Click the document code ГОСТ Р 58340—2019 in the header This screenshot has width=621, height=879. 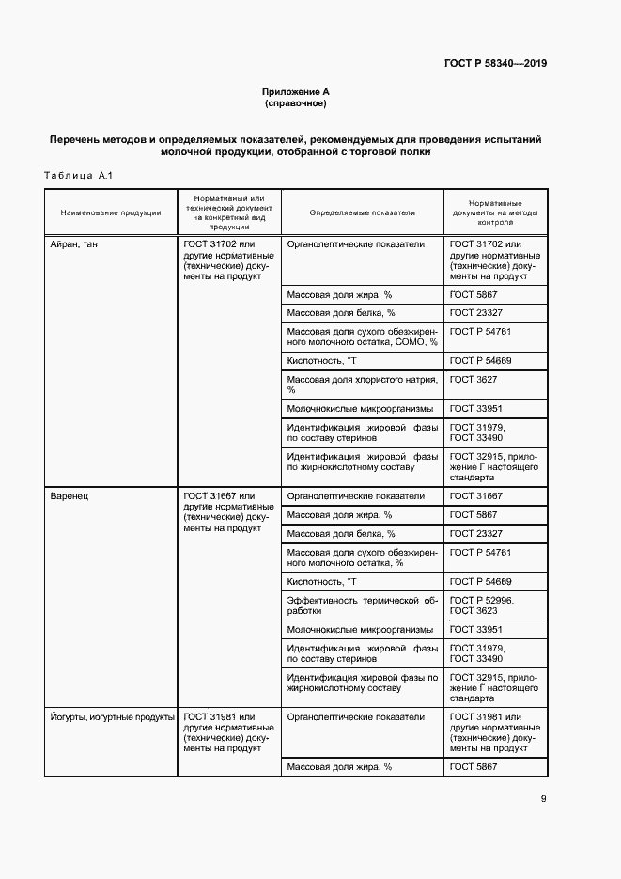[x=495, y=64]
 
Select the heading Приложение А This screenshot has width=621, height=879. [x=296, y=92]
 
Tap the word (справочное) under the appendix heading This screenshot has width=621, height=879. [x=296, y=103]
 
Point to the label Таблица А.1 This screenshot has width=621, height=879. [x=78, y=176]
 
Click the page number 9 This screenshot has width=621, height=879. [x=543, y=799]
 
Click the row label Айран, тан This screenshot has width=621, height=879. [x=72, y=244]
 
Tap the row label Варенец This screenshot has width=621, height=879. [x=69, y=496]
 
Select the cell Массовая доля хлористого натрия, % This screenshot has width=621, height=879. [x=362, y=384]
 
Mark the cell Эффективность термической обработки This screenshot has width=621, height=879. [x=362, y=604]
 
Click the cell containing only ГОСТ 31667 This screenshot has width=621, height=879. [x=476, y=496]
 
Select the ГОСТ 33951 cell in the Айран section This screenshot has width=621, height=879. [x=476, y=408]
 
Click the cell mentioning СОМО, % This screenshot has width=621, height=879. [x=362, y=337]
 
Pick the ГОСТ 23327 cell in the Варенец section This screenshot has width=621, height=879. [x=476, y=534]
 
